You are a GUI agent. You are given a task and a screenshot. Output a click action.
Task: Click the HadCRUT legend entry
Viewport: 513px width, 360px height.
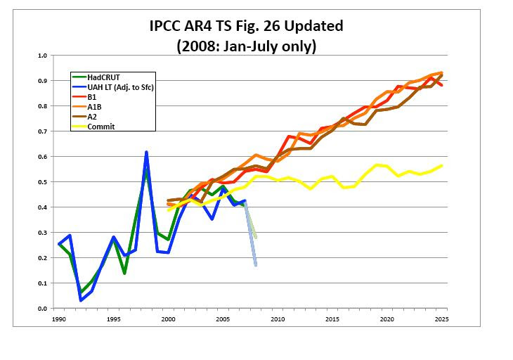coord(105,77)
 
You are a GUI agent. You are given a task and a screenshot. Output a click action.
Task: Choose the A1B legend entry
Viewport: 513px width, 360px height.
coord(95,106)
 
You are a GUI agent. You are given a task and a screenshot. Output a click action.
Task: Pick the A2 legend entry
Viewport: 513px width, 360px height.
coord(93,116)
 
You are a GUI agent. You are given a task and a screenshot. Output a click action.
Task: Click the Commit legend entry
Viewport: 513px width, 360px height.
coord(100,126)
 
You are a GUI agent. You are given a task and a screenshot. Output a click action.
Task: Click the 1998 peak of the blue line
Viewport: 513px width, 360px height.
coord(146,152)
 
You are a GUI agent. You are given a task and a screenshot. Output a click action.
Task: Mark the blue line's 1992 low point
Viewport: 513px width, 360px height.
coord(81,300)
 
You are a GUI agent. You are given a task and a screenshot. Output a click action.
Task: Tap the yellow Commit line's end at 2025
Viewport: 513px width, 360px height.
coord(441,166)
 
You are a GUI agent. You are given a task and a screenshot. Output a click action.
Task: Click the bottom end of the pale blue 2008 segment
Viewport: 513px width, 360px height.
coord(256,265)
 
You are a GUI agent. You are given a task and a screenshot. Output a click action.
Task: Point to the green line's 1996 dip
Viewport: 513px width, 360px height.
coord(124,273)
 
